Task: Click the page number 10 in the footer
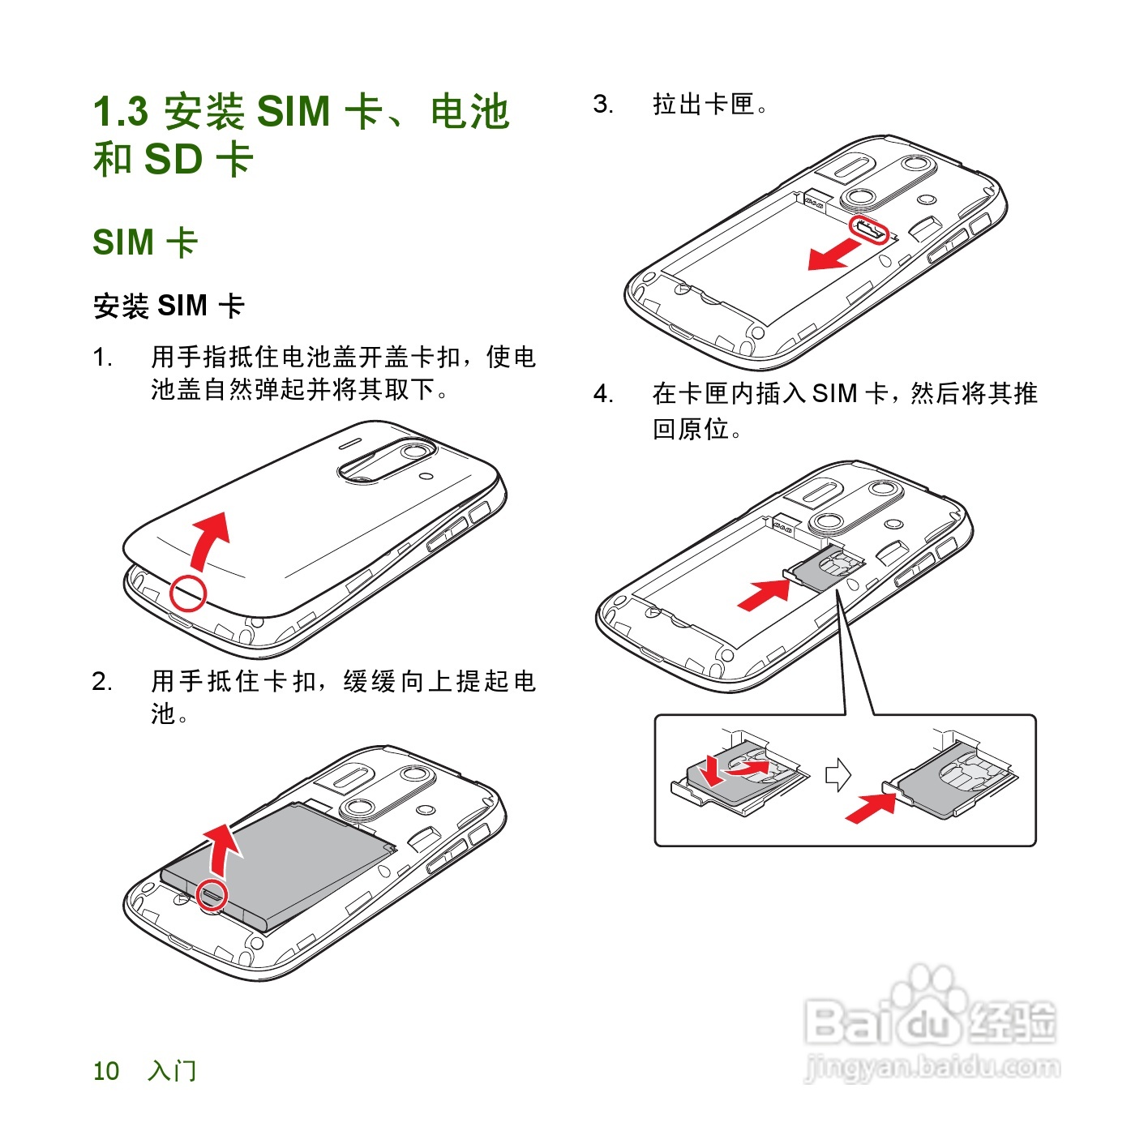(x=106, y=1071)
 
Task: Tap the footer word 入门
(x=172, y=1071)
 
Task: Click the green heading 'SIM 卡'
(x=145, y=242)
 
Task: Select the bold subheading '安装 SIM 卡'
(x=169, y=306)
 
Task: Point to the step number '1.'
(x=102, y=358)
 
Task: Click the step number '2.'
(x=102, y=681)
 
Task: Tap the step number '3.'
(x=603, y=105)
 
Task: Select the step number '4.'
(x=603, y=394)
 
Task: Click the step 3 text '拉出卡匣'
(x=704, y=105)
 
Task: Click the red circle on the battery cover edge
(x=188, y=593)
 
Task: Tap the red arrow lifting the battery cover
(x=211, y=538)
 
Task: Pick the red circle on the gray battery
(x=212, y=893)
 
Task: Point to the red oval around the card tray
(x=868, y=229)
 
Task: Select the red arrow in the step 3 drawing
(x=832, y=255)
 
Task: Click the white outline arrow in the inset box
(x=838, y=774)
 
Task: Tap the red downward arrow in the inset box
(x=712, y=770)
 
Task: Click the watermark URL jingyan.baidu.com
(x=932, y=1067)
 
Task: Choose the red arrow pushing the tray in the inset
(x=871, y=808)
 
